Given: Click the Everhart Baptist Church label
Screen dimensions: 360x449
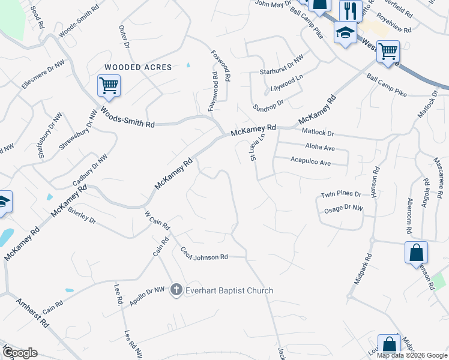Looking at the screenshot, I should point(229,290).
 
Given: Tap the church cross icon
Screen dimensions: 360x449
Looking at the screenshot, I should point(176,290).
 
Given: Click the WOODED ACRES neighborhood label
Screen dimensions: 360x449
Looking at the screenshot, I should point(138,67).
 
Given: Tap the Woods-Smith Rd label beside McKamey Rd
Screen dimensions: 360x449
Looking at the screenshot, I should point(127,117).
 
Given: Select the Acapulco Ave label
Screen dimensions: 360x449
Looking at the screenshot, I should point(310,162).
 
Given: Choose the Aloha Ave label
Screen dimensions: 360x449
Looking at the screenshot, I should point(319,147).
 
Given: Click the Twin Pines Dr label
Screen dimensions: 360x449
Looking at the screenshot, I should point(341,194).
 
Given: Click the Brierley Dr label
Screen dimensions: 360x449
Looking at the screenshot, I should point(82,215).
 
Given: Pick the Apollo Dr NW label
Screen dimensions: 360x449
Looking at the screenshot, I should point(146,296).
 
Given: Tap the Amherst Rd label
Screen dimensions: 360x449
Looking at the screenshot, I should point(32,312).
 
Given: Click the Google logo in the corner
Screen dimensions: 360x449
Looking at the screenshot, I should point(20,353).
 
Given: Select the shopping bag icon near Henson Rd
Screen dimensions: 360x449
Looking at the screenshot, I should point(416,253).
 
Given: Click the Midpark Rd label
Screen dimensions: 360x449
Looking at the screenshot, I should point(363,268).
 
